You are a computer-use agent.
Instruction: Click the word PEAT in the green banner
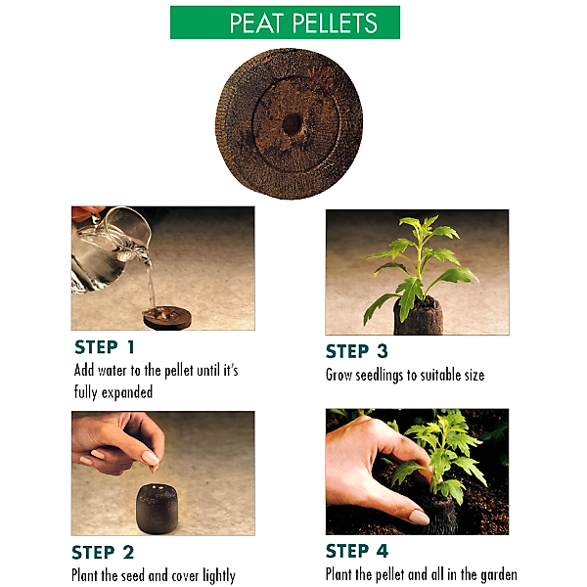click(255, 23)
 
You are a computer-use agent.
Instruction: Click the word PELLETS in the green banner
click(335, 23)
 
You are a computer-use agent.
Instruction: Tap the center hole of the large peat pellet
click(292, 123)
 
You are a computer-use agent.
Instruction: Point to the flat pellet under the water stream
click(167, 317)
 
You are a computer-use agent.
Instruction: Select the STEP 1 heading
click(105, 347)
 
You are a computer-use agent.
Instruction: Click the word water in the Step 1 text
click(113, 371)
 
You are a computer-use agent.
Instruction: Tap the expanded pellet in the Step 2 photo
click(157, 509)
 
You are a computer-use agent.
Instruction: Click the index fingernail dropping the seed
click(151, 458)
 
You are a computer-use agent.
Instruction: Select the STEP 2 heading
click(103, 552)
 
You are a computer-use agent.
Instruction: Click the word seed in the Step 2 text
click(131, 575)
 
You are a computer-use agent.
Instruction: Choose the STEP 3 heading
click(357, 351)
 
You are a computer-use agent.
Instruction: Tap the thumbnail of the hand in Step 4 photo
click(419, 517)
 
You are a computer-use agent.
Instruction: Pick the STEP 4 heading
click(357, 551)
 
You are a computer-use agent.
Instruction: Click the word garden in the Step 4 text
click(499, 574)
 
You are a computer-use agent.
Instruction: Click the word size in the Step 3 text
click(474, 375)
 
